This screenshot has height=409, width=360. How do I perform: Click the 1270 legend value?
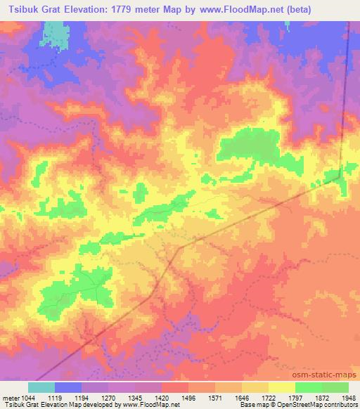click(x=109, y=398)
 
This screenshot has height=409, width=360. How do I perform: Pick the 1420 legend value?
click(x=162, y=398)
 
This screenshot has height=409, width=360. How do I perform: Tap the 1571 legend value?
click(x=215, y=398)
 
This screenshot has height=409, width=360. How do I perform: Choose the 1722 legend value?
click(x=269, y=398)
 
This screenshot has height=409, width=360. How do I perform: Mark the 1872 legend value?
click(x=321, y=398)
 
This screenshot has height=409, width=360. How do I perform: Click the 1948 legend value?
click(x=347, y=398)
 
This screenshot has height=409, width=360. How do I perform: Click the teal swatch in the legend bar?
click(x=41, y=387)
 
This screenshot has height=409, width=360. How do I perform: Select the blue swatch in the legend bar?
click(x=68, y=387)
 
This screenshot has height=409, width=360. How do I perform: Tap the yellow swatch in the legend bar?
click(x=281, y=387)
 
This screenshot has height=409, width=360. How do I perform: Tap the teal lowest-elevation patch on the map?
click(x=53, y=31)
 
